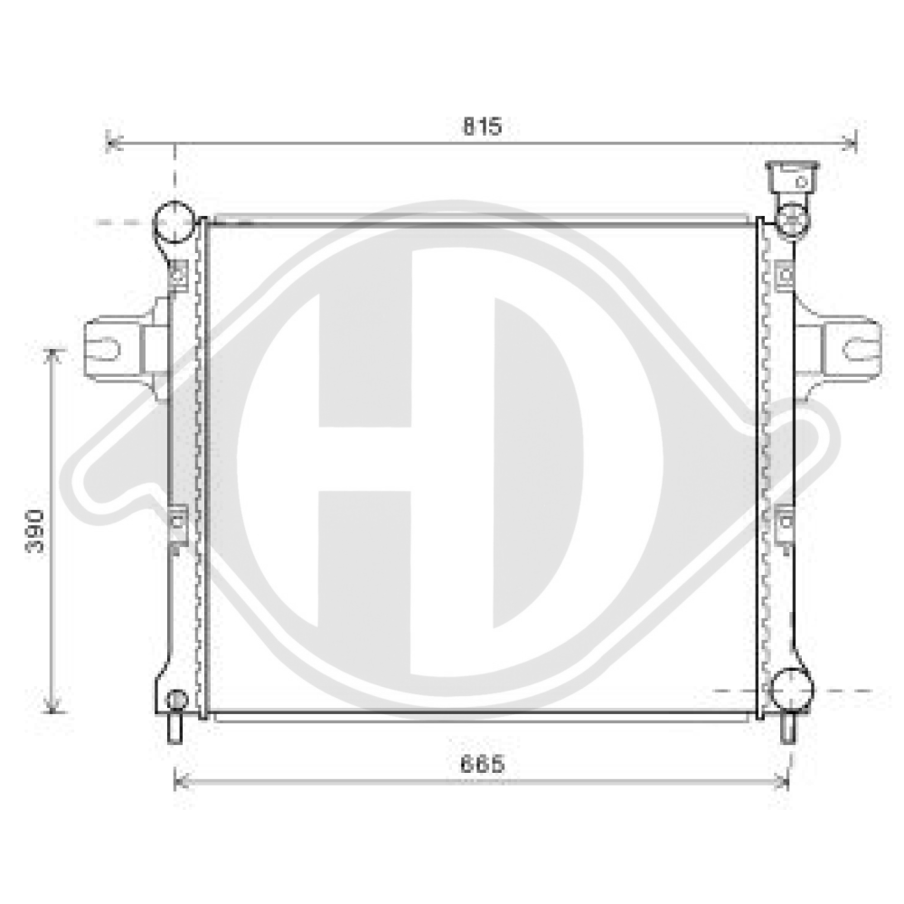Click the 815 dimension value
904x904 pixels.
483,127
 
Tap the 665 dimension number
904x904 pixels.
482,764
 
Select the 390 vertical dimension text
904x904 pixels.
35,531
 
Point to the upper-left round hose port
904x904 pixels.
174,221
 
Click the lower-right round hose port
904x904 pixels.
792,690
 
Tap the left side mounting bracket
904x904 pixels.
127,348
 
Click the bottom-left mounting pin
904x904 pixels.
174,729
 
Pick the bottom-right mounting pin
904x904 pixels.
788,729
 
